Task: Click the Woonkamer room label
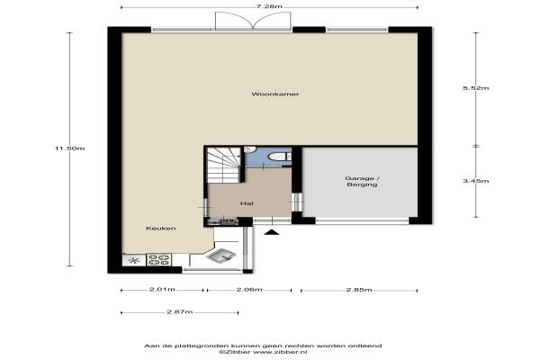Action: point(274,94)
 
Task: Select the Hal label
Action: point(247,203)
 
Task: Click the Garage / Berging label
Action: point(362,181)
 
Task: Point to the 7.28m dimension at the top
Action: point(270,6)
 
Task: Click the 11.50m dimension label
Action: point(69,148)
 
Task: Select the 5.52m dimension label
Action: point(475,88)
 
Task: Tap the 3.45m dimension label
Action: point(475,181)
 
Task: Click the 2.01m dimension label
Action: point(162,290)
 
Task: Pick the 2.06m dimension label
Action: point(249,290)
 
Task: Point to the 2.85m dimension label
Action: point(359,290)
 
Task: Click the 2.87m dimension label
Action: point(179,311)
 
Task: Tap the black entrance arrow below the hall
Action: point(272,232)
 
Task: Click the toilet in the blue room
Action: point(280,157)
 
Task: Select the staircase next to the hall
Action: point(224,165)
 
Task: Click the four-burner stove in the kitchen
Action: point(158,259)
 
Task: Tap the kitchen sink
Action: point(223,256)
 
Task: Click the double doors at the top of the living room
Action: point(253,21)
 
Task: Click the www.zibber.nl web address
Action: point(280,352)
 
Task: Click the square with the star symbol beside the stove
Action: point(134,260)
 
